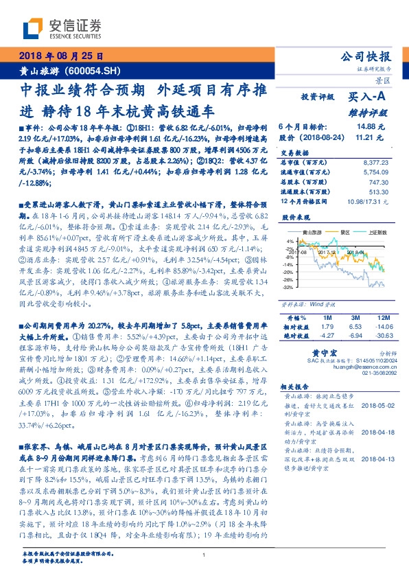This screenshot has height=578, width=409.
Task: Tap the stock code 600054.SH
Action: click(93, 70)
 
